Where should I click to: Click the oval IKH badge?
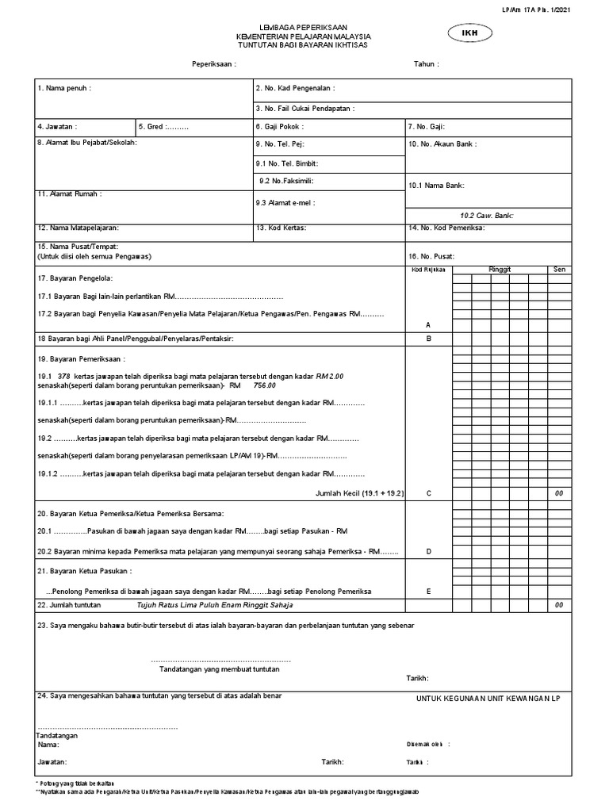(x=472, y=33)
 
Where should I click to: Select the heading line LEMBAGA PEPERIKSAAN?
(x=303, y=27)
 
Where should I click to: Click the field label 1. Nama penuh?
(x=64, y=89)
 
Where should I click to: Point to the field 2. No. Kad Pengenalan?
(x=296, y=89)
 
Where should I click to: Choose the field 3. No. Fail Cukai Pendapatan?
(x=305, y=109)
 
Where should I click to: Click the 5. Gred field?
(x=164, y=127)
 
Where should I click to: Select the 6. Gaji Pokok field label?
(x=280, y=127)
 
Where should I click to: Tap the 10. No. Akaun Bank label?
(x=443, y=144)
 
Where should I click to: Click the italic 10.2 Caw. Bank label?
(x=493, y=215)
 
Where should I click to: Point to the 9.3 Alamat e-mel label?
(x=285, y=203)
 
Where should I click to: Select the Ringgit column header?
(x=500, y=270)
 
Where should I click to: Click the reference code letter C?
(x=428, y=493)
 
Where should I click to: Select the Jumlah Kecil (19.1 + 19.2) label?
(x=360, y=493)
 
